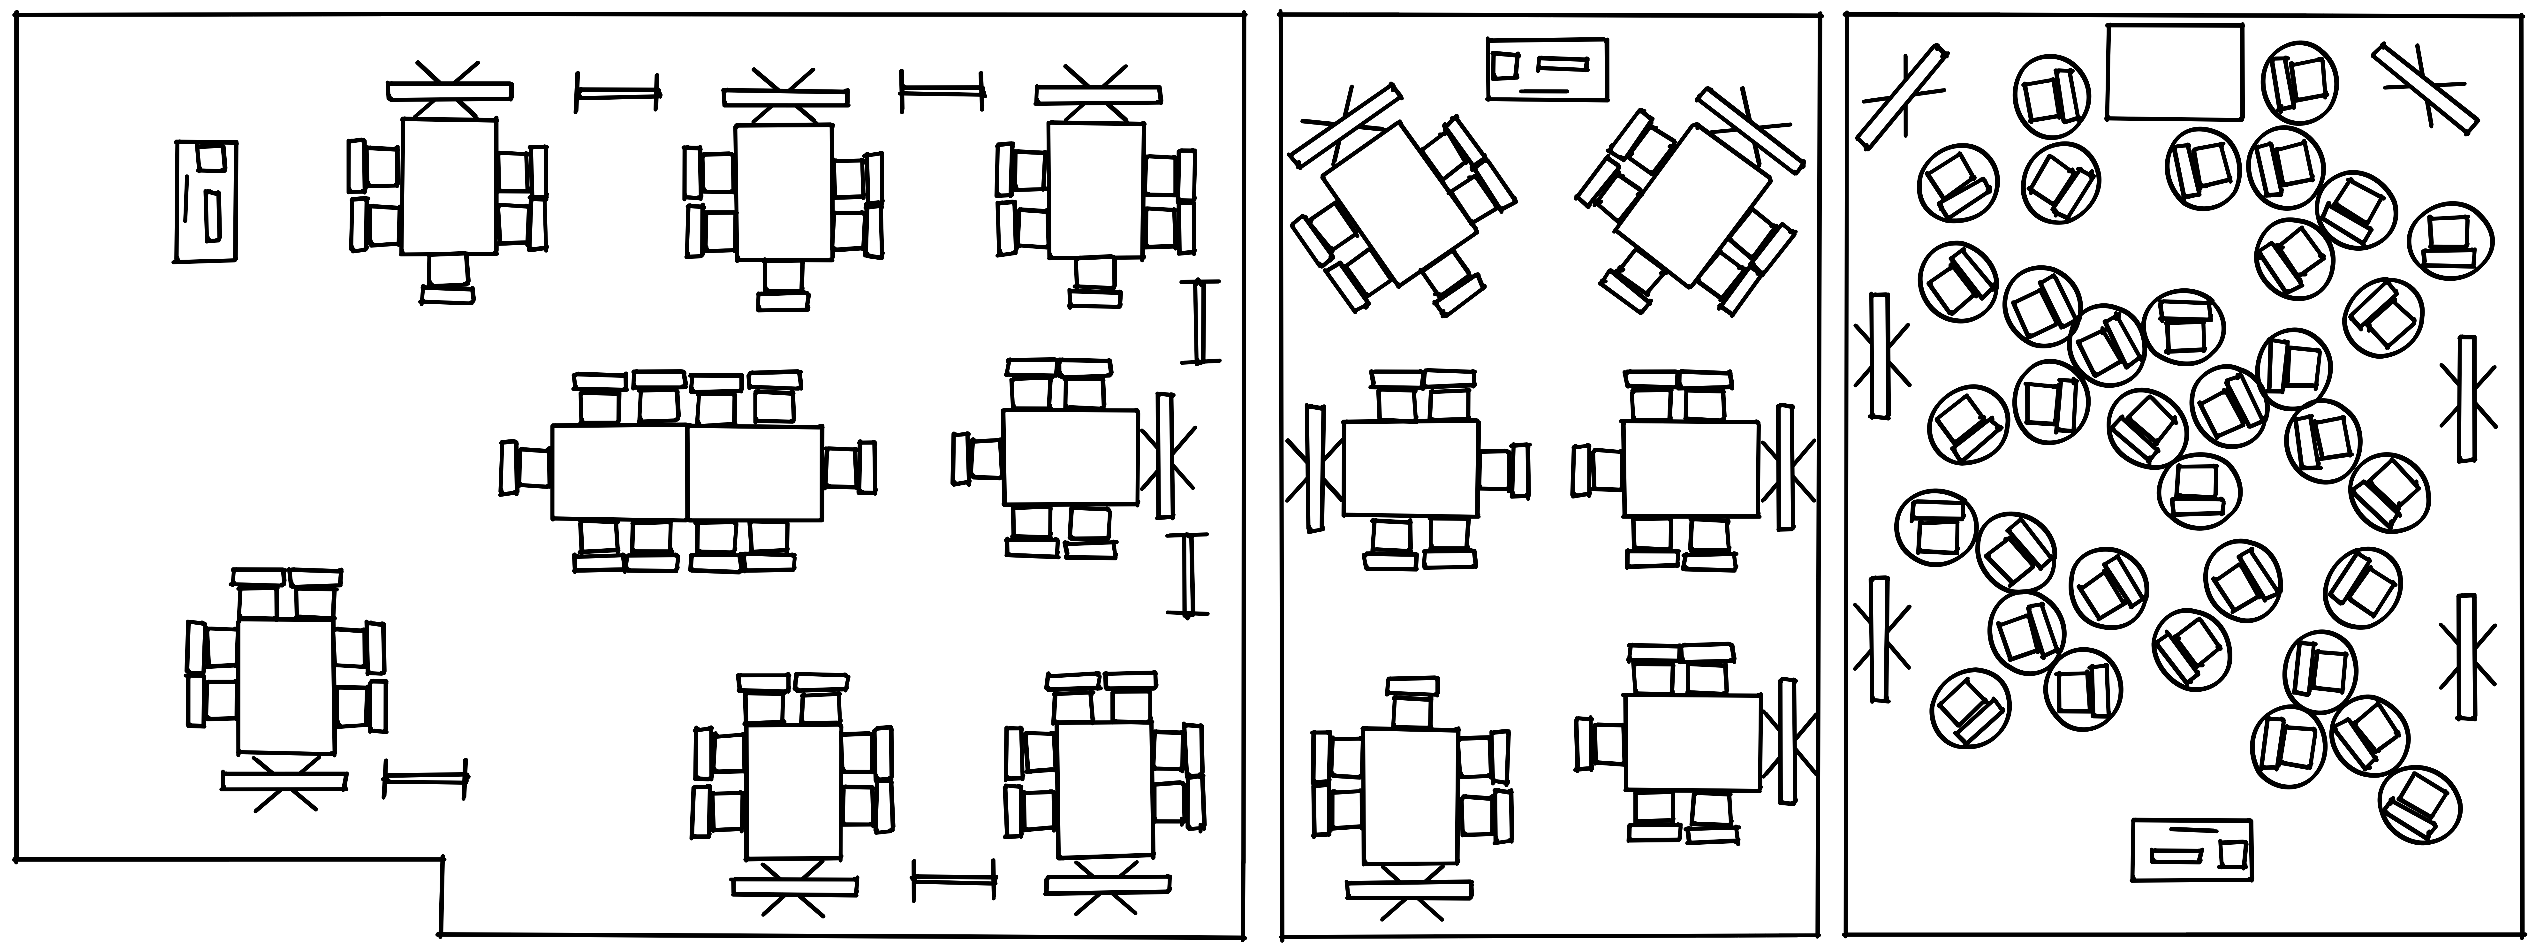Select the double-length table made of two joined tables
pos(686,473)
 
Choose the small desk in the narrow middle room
pos(1547,69)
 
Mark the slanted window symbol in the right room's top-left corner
pos(1902,96)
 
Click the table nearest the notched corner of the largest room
pos(286,686)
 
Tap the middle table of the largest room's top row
pos(784,192)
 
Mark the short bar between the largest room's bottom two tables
pos(953,879)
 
